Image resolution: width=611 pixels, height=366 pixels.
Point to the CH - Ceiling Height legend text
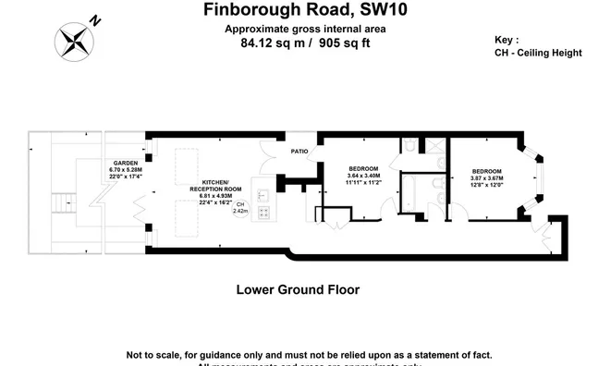pyautogui.click(x=539, y=53)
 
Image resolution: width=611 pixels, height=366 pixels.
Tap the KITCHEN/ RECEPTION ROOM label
pyautogui.click(x=214, y=186)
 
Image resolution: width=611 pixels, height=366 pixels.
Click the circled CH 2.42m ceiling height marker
pyautogui.click(x=240, y=207)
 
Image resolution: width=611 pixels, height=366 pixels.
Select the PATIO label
pyautogui.click(x=299, y=151)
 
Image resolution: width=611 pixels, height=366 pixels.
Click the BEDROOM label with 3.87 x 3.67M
pyautogui.click(x=486, y=171)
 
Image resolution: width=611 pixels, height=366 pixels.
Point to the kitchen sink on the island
pyautogui.click(x=263, y=195)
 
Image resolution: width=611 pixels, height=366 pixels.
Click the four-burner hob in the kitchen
pyautogui.click(x=263, y=213)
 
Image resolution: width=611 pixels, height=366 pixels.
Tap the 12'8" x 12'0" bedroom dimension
pyautogui.click(x=486, y=184)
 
